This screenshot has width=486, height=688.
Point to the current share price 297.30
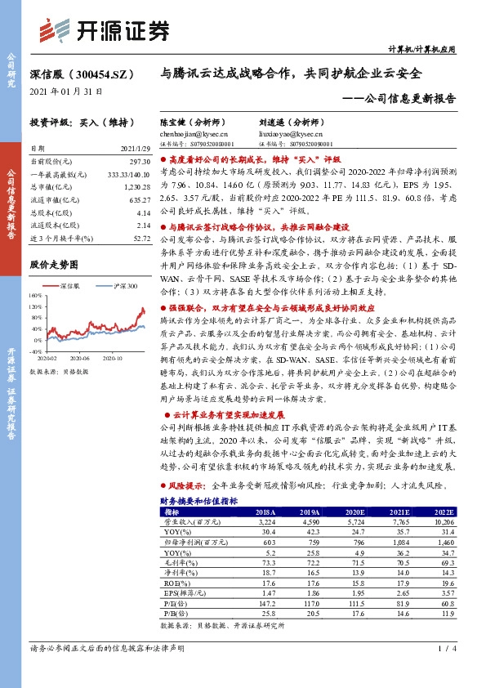[140, 163]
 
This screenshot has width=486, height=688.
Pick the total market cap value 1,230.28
[136, 187]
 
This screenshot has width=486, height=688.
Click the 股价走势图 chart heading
[53, 266]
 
